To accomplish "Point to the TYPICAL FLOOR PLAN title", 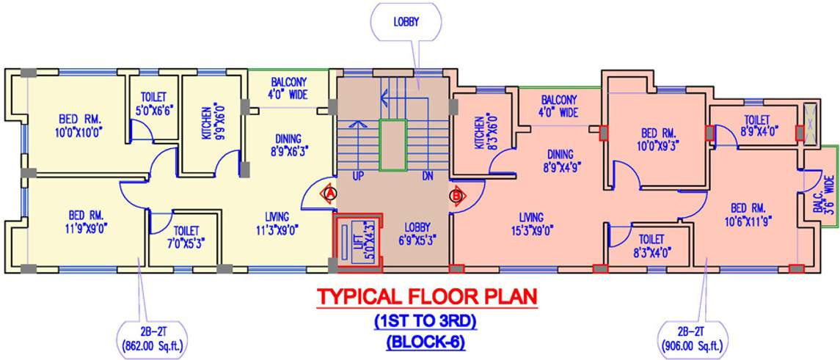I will (426, 297).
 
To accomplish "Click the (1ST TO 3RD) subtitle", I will (426, 321).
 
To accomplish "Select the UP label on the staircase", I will (359, 177).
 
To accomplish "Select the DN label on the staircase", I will (428, 177).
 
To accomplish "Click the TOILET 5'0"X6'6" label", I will (153, 104).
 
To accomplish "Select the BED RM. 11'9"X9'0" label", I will (86, 222).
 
